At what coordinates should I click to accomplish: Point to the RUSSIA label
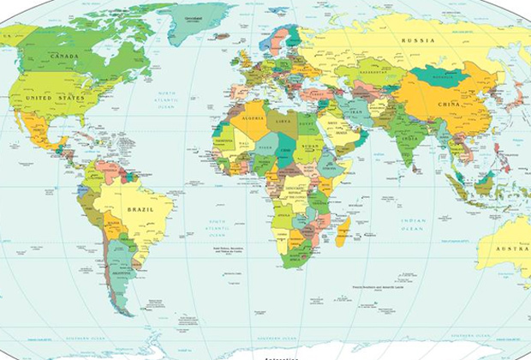pos(418,40)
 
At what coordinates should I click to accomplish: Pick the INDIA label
pos(409,137)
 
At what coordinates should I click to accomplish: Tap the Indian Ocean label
pos(413,225)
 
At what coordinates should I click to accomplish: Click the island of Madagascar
pos(343,231)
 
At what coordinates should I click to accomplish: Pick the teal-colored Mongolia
pos(439,76)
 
